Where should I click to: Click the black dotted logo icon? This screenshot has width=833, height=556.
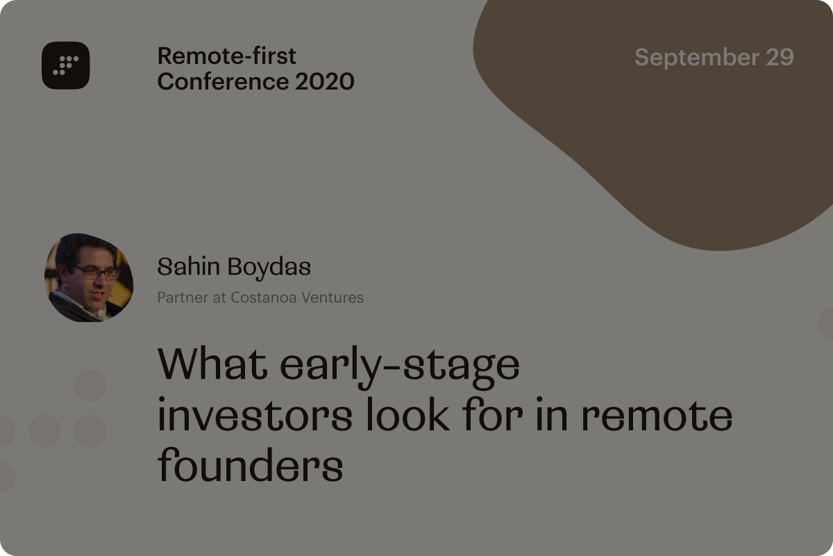pyautogui.click(x=65, y=65)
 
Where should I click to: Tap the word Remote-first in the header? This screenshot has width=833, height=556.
pyautogui.click(x=227, y=56)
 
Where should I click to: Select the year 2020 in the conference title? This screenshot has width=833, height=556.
pyautogui.click(x=324, y=81)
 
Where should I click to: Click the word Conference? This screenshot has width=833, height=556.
pyautogui.click(x=223, y=81)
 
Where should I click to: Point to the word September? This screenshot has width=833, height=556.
pyautogui.click(x=697, y=58)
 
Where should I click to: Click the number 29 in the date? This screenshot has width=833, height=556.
pyautogui.click(x=780, y=57)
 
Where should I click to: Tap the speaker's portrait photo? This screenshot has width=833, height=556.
pyautogui.click(x=89, y=278)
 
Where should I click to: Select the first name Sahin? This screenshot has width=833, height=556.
pyautogui.click(x=189, y=267)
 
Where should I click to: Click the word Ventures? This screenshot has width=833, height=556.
pyautogui.click(x=333, y=298)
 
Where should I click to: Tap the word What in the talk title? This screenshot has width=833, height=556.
pyautogui.click(x=212, y=363)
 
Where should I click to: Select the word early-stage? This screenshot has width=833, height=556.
pyautogui.click(x=399, y=368)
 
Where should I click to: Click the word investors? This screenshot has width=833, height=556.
pyautogui.click(x=255, y=414)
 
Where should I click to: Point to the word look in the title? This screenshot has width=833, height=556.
pyautogui.click(x=408, y=414)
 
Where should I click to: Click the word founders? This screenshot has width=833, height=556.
pyautogui.click(x=250, y=465)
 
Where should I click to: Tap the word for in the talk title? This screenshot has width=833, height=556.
pyautogui.click(x=493, y=414)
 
